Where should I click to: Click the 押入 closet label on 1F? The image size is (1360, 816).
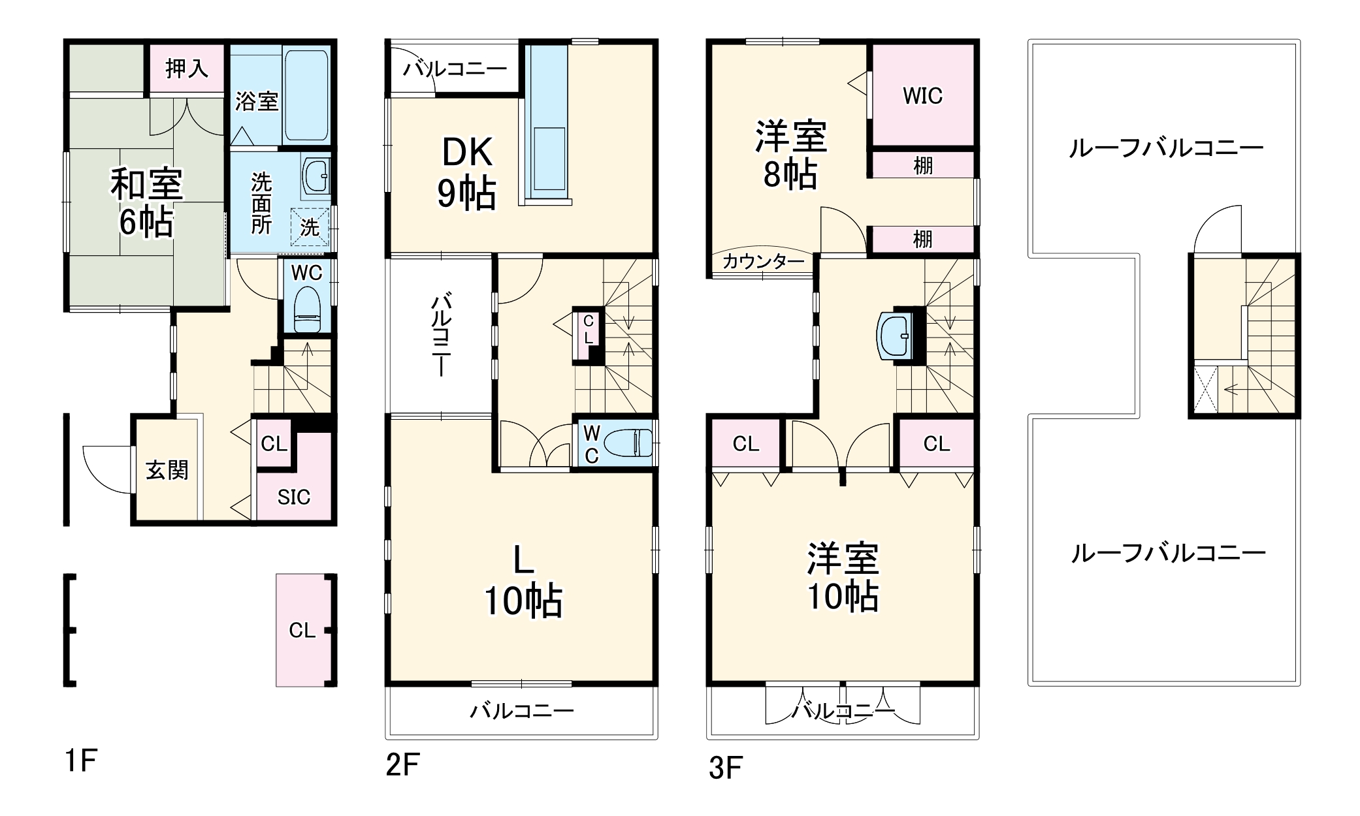(187, 68)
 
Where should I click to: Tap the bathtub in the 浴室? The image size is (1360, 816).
(306, 95)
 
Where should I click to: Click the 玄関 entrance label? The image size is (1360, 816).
(167, 470)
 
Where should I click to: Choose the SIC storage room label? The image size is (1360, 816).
(294, 497)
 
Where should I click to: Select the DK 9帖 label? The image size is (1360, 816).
(466, 173)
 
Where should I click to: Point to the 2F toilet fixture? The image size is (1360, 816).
(628, 444)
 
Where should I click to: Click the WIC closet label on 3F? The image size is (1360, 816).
(922, 96)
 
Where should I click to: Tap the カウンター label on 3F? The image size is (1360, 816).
(763, 262)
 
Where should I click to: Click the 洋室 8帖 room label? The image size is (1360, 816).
(791, 155)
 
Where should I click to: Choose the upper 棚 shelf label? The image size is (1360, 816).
(922, 166)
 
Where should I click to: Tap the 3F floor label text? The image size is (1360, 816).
(726, 768)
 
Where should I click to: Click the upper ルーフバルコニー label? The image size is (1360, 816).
(1166, 149)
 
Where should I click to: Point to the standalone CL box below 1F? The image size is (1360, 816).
(302, 630)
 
